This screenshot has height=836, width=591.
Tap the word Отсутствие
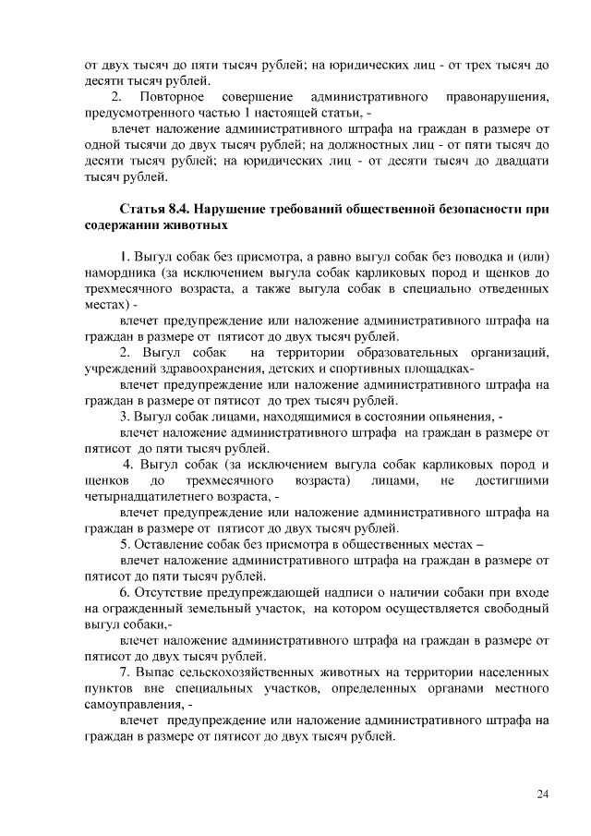pyautogui.click(x=172, y=592)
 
